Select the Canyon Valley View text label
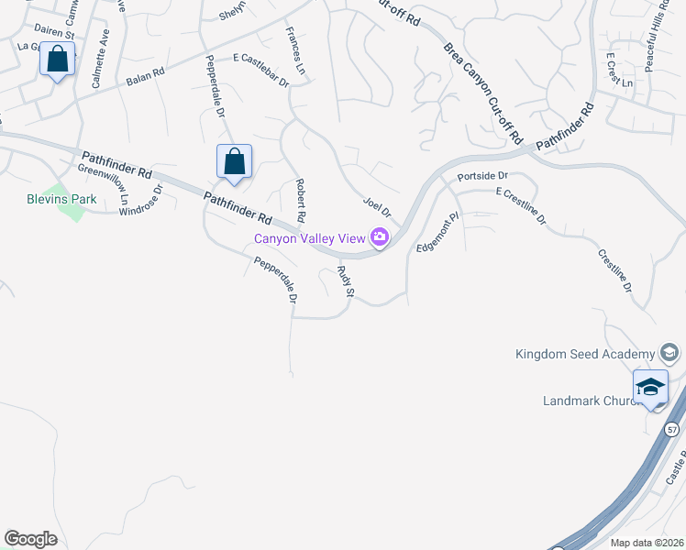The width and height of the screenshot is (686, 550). [x=311, y=239]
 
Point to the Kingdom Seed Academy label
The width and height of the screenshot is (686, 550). [x=585, y=354]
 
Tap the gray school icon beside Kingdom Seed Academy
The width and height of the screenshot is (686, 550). [x=669, y=354]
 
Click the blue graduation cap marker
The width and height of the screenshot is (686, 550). [x=650, y=388]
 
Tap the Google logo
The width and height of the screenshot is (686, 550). [x=30, y=539]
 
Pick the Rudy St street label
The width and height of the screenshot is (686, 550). [x=345, y=282]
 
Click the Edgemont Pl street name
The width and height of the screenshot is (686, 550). [x=437, y=234]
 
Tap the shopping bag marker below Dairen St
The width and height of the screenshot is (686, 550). [x=58, y=60]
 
